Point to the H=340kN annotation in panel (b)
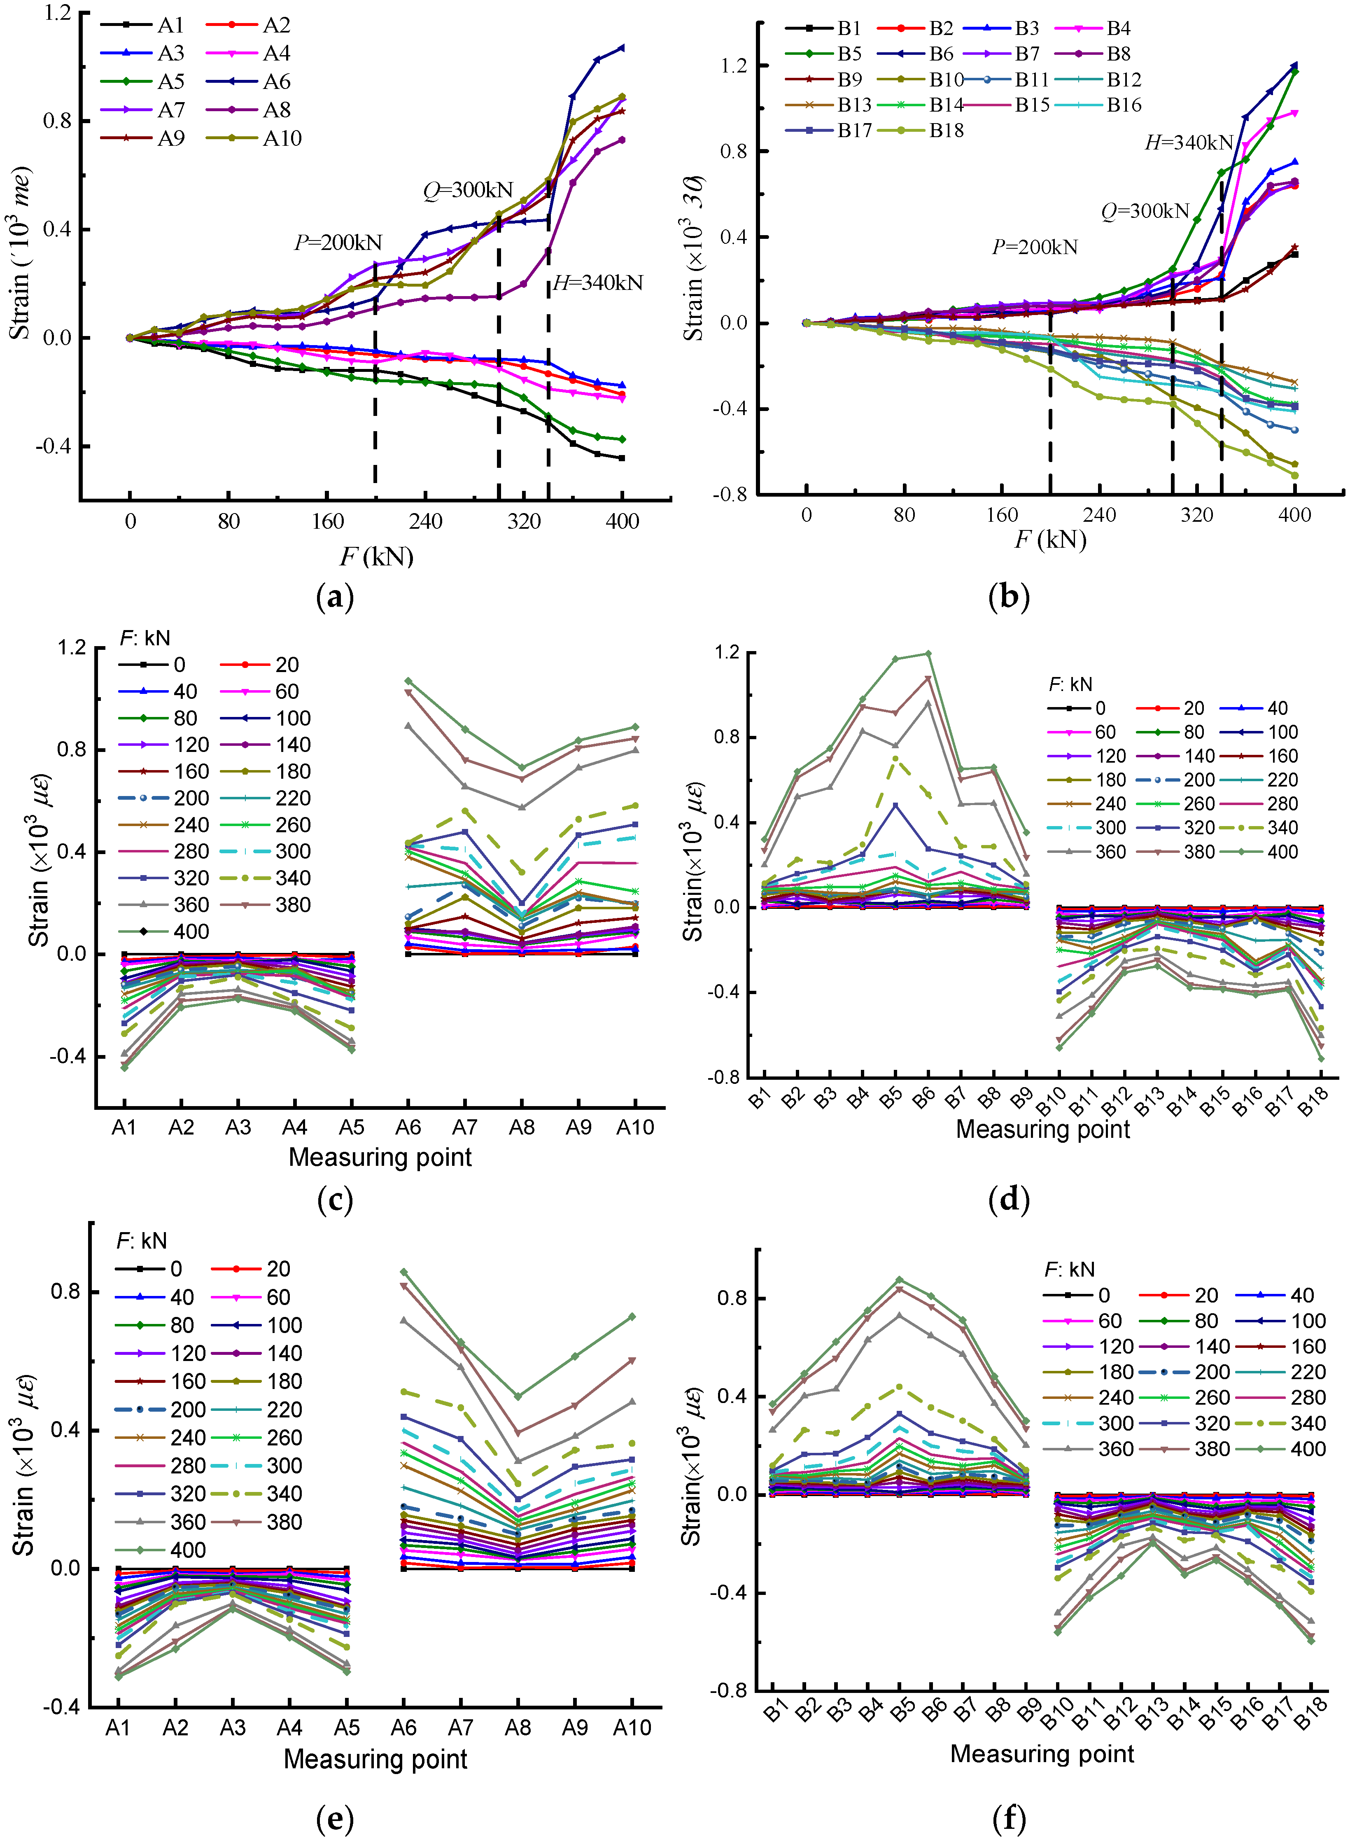pyautogui.click(x=1189, y=143)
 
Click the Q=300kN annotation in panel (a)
pyautogui.click(x=468, y=190)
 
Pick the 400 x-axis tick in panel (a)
pyautogui.click(x=623, y=521)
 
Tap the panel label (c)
pyautogui.click(x=334, y=1200)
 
